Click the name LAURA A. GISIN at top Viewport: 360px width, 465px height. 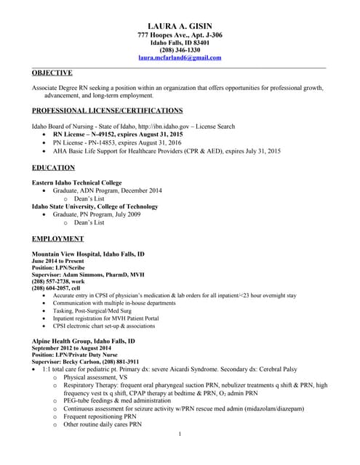coord(180,26)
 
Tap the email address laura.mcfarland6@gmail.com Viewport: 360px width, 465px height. coord(180,57)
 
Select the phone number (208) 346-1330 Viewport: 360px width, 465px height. coord(180,49)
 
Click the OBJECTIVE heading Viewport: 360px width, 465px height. coord(52,73)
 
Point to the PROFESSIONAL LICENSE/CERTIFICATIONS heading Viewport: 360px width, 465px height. coord(108,110)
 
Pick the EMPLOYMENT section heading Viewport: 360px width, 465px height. coord(58,238)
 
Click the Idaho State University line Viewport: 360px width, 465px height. coord(89,206)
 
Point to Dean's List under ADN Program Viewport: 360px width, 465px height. coord(90,198)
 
